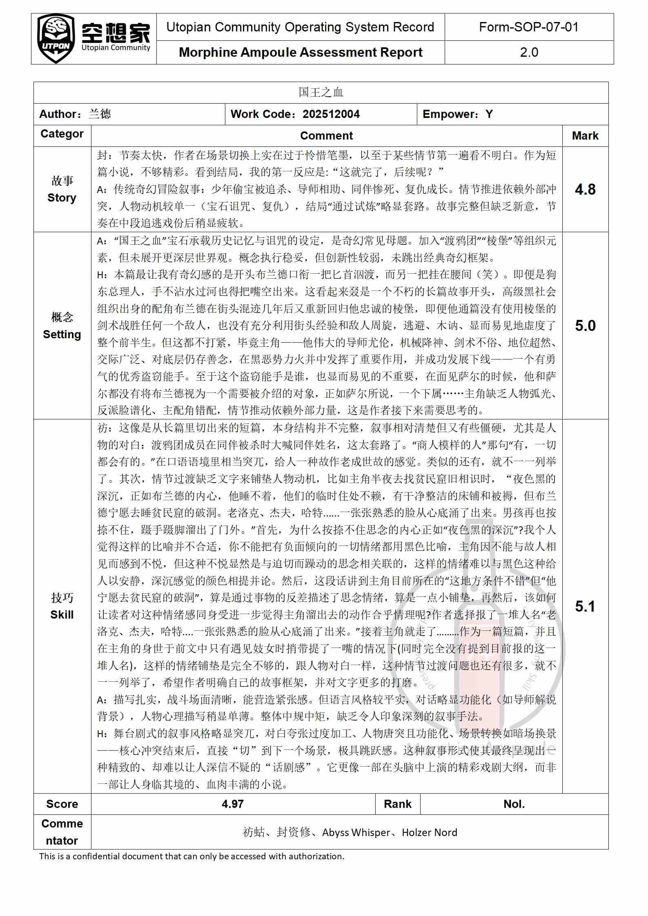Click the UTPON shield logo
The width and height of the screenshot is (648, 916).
pos(56,39)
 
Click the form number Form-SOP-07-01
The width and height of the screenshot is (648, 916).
pos(529,27)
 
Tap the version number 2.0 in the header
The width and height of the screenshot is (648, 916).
pos(529,52)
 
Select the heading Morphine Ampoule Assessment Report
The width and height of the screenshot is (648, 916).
pos(301,52)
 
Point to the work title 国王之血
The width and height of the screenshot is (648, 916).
pos(321,92)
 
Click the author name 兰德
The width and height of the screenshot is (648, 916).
pos(100,114)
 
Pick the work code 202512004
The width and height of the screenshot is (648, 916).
pos(331,114)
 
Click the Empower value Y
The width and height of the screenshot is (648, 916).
pos(489,114)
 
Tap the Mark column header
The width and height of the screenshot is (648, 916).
pos(585,135)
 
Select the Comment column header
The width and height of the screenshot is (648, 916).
pos(326,135)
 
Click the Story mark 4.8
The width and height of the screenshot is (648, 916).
pos(585,189)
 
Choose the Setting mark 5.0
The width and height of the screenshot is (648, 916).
pos(585,326)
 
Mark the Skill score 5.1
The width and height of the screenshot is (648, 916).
pos(585,606)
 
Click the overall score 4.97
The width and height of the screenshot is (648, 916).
pos(233,804)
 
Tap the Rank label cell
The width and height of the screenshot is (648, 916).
pos(398,804)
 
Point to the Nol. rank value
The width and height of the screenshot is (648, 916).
pos(514,804)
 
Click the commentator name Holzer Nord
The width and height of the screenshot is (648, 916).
pos(430,832)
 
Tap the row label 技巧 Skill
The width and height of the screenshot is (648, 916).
pos(62,606)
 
